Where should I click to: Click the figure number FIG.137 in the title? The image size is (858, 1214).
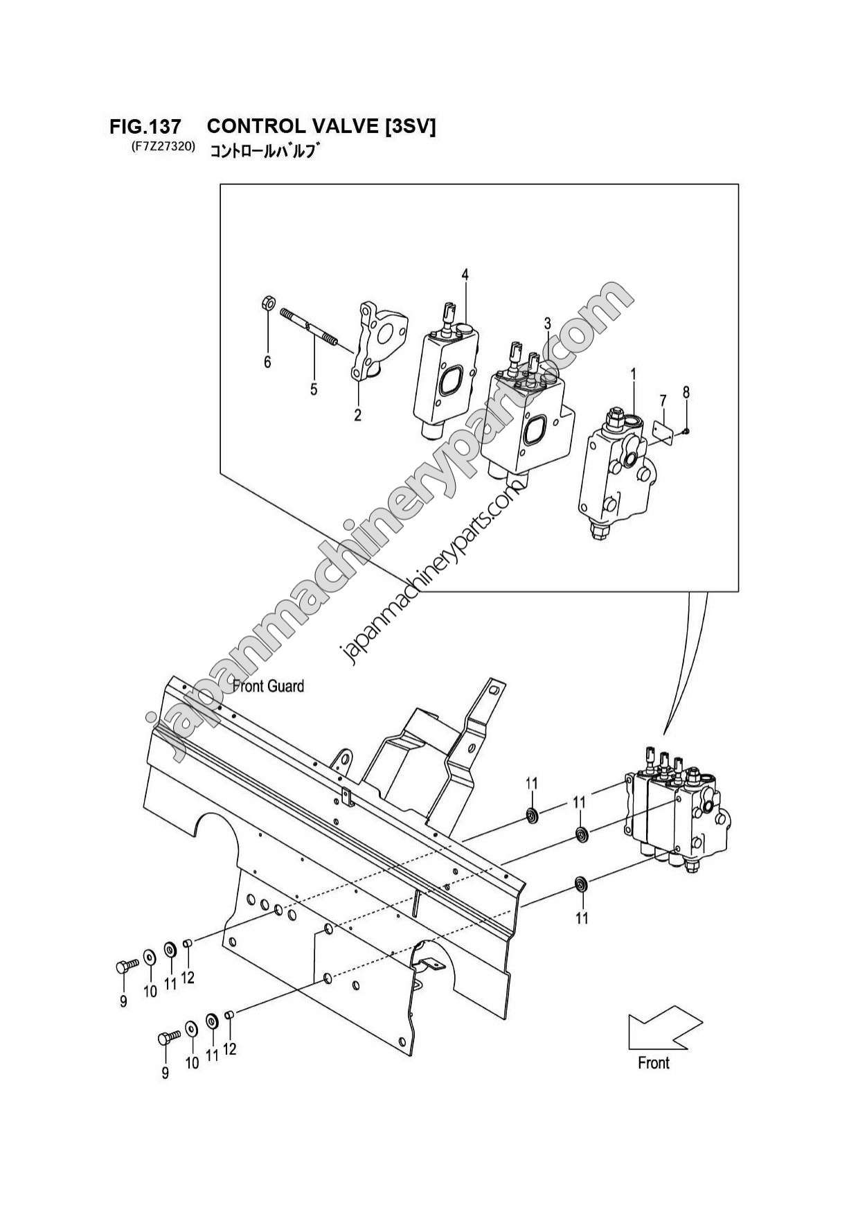[145, 127]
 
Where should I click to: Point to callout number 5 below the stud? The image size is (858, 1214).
[314, 390]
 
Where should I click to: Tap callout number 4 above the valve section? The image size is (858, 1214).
[465, 276]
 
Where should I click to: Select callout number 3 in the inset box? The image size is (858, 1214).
[547, 324]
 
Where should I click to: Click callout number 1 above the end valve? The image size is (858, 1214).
[633, 375]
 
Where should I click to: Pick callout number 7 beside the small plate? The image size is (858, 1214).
[663, 401]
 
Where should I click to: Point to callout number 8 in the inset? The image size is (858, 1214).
[686, 392]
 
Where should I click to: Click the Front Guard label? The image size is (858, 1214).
[268, 687]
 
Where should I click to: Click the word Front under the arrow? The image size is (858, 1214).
[654, 1064]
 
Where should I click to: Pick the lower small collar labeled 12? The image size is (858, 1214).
[230, 1015]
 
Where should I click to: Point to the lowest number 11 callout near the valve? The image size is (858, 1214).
[582, 918]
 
